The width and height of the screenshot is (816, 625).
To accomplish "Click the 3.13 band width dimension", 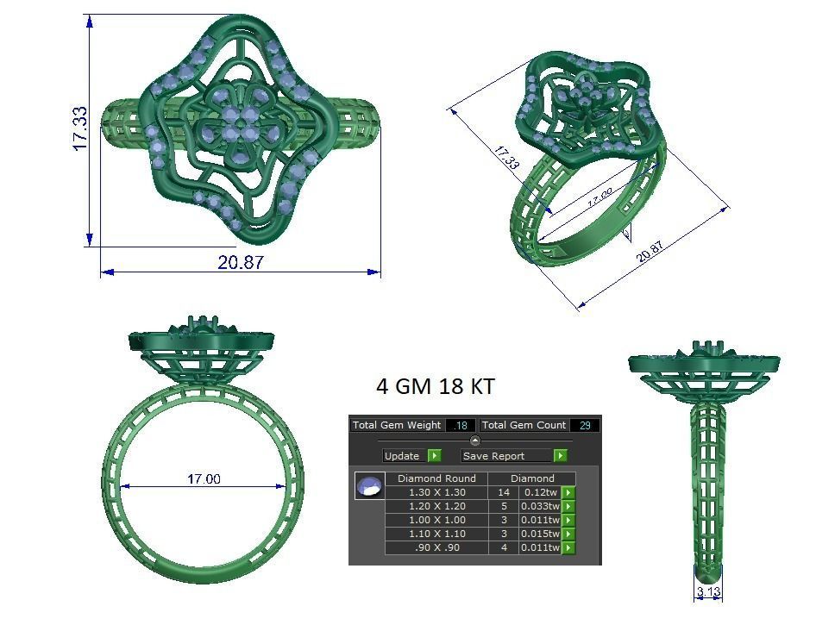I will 709,591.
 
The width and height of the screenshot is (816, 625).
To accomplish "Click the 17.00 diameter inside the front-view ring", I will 204,478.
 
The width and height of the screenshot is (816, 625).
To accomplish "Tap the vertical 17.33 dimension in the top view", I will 79,128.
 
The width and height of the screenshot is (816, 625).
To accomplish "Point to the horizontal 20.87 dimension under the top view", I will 241,262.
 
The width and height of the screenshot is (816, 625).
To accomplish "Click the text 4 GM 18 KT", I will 436,386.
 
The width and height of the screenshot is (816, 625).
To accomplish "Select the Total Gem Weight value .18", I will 461,425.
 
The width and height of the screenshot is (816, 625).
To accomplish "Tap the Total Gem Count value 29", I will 584,425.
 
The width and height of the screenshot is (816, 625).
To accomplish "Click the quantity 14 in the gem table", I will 504,492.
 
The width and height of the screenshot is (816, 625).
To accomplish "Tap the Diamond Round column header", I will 436,478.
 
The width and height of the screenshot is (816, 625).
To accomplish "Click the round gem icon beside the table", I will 369,486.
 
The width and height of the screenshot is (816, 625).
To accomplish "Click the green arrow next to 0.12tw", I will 568,492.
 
